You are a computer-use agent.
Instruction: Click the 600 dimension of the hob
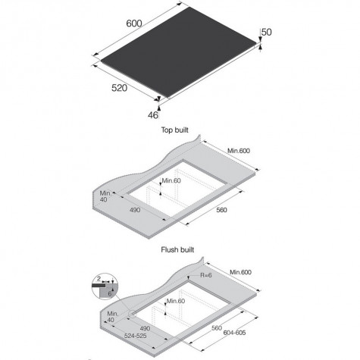tap(134, 23)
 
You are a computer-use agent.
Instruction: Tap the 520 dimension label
tap(119, 88)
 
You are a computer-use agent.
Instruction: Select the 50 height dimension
tap(266, 32)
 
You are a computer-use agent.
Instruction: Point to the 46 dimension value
tap(153, 115)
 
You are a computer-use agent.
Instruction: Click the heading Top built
tap(175, 130)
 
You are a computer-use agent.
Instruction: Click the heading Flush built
tap(177, 250)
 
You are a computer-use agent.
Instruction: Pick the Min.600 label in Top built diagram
tap(239, 151)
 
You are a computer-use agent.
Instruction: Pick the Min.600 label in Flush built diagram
tap(240, 272)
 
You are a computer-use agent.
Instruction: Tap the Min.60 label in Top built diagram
tap(171, 180)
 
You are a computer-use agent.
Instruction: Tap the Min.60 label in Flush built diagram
tap(176, 301)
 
